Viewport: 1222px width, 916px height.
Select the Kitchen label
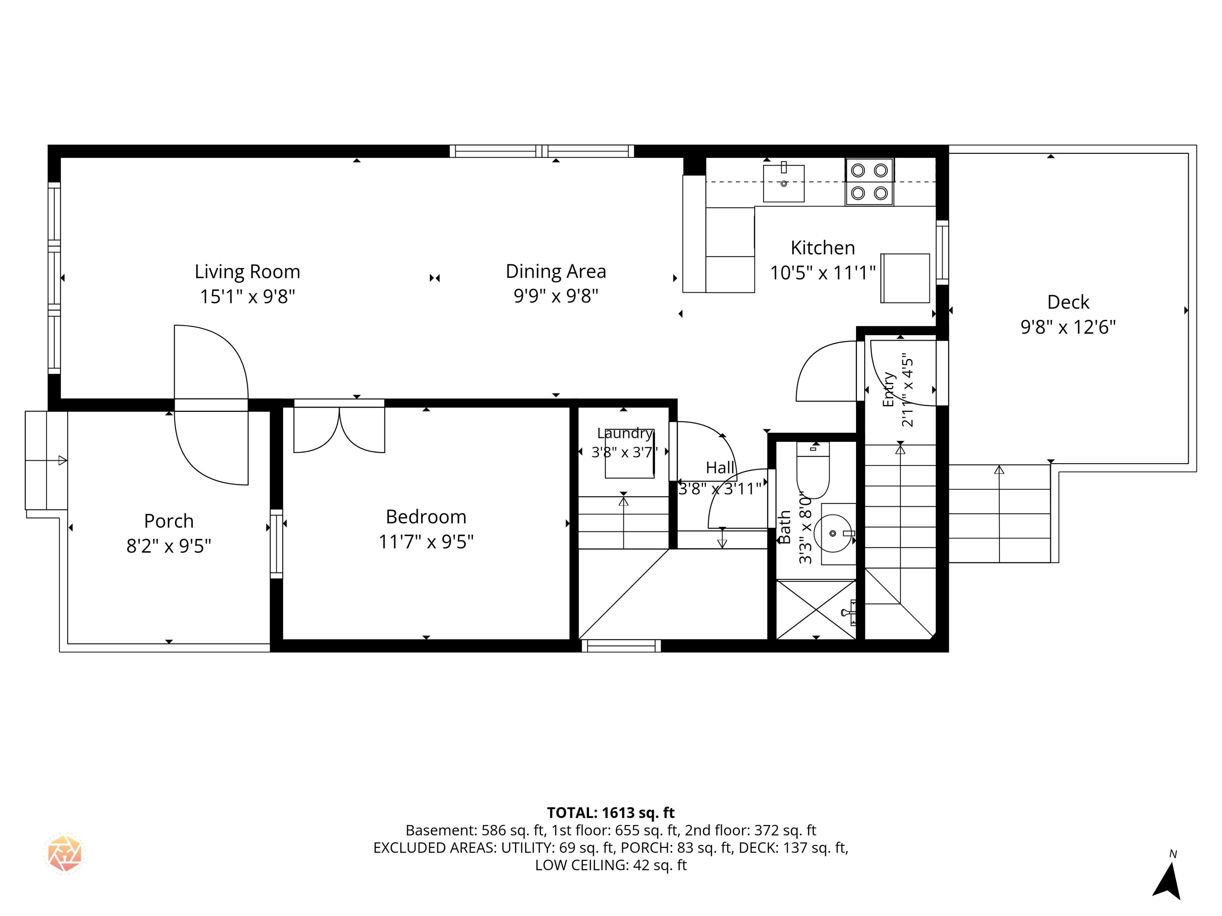[823, 248]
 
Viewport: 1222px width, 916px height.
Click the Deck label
[1068, 302]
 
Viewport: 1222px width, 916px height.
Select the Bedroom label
[426, 517]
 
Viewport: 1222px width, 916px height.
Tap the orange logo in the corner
[65, 852]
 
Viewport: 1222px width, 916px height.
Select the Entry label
[889, 389]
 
